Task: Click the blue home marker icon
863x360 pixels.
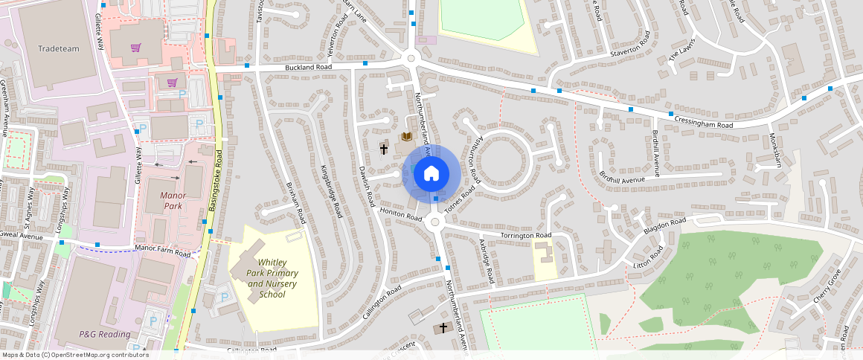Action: click(x=431, y=174)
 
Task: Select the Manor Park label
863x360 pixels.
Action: click(x=172, y=200)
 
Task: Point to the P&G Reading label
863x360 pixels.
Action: click(x=105, y=334)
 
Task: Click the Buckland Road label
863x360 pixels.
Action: click(x=308, y=67)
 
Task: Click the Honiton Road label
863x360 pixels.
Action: click(x=402, y=213)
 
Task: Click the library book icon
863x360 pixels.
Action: click(x=406, y=137)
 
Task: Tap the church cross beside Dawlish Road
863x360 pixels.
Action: click(x=384, y=149)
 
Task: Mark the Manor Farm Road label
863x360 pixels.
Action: click(x=162, y=251)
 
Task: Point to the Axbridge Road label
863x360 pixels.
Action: click(x=487, y=261)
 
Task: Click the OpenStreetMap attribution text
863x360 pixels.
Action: click(x=74, y=355)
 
